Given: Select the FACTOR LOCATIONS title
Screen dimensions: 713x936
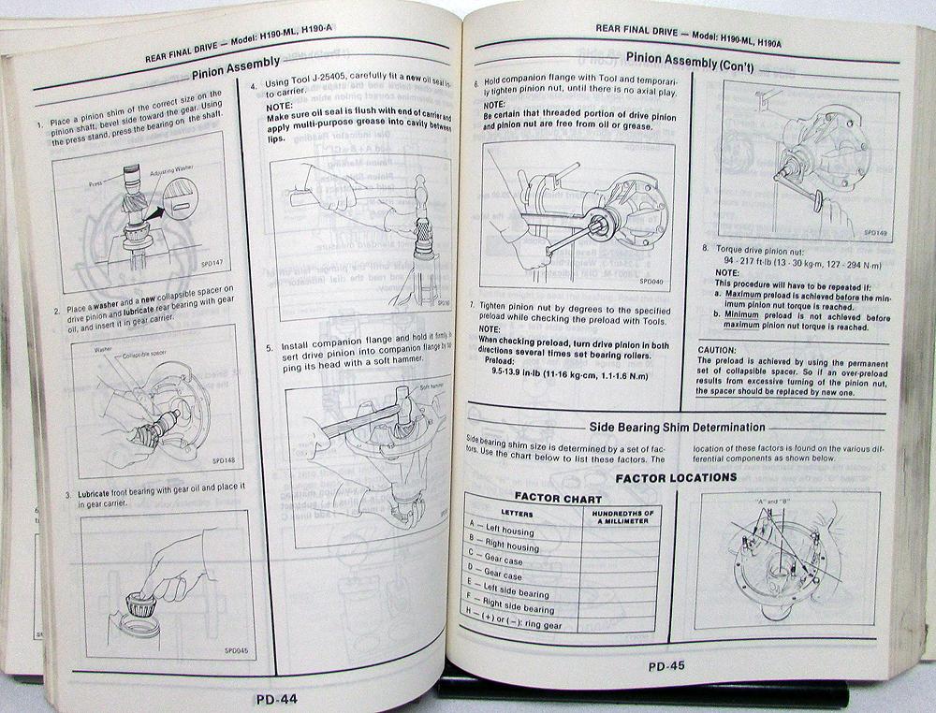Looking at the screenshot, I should (x=675, y=477).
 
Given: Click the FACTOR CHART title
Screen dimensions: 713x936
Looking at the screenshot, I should (x=558, y=498).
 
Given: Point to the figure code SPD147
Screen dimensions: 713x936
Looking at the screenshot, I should (x=203, y=283).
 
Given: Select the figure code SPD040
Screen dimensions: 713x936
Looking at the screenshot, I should (x=651, y=279).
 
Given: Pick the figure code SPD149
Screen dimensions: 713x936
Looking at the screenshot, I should (x=875, y=232).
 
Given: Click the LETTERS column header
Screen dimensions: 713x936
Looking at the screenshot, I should (x=517, y=514).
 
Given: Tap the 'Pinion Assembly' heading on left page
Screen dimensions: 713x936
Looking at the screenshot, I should (x=235, y=64).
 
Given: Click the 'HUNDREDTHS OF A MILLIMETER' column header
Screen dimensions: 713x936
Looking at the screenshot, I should (x=621, y=517).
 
